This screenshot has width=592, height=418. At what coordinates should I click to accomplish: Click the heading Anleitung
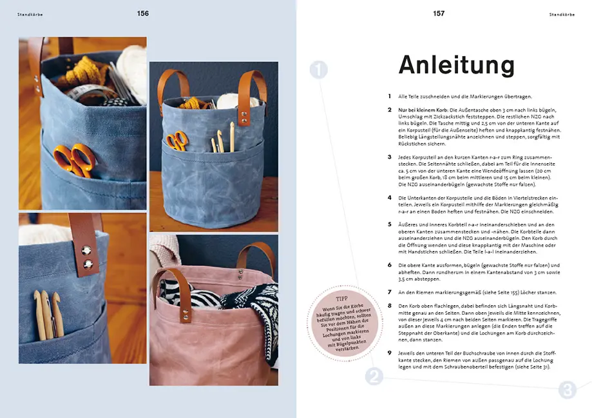456,65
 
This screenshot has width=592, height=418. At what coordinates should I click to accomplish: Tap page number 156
143,14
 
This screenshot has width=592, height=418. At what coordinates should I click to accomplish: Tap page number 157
439,14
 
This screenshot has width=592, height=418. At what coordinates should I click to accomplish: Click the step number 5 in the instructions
389,224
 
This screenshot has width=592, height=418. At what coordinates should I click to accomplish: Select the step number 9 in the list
389,353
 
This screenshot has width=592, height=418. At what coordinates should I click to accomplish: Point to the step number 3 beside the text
389,157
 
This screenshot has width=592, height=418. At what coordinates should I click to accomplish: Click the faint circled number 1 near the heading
319,70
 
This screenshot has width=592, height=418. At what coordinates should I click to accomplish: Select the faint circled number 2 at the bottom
374,376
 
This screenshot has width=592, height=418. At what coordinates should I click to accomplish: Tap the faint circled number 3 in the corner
567,390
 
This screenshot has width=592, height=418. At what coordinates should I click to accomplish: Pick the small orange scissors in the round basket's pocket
177,140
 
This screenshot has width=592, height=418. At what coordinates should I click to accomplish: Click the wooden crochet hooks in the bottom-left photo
46,314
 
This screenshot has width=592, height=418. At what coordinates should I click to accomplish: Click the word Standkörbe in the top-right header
561,14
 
